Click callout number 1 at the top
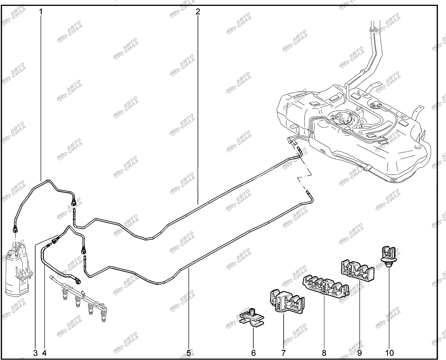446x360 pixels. point(41,12)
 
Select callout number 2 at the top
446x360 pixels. point(198,12)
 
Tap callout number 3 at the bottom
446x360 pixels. point(36,353)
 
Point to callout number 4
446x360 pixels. point(44,353)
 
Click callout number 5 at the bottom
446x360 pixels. point(189,353)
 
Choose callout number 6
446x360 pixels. point(253,353)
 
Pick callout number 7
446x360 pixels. point(283,353)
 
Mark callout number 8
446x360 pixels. point(324,353)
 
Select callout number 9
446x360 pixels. point(359,353)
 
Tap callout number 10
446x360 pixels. point(390,353)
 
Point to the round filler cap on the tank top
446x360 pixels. point(375,104)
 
